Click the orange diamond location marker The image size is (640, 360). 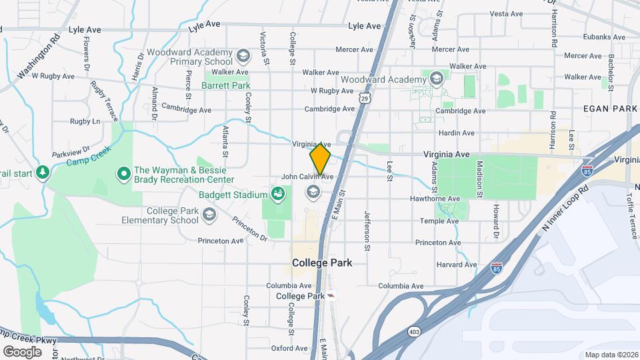(321, 158)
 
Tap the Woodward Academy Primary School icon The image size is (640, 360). (243, 55)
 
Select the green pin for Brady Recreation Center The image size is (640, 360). (123, 175)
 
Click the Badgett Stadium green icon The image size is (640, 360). (279, 195)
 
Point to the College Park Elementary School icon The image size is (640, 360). (209, 214)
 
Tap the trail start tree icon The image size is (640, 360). (43, 173)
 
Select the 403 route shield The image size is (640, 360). (415, 331)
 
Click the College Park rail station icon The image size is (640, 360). (331, 296)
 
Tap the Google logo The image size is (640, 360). (23, 351)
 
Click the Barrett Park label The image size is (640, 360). (225, 86)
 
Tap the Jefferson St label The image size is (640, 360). (367, 230)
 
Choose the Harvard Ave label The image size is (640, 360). (456, 265)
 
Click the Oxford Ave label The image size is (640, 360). (289, 348)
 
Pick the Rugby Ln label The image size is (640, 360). (85, 121)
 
